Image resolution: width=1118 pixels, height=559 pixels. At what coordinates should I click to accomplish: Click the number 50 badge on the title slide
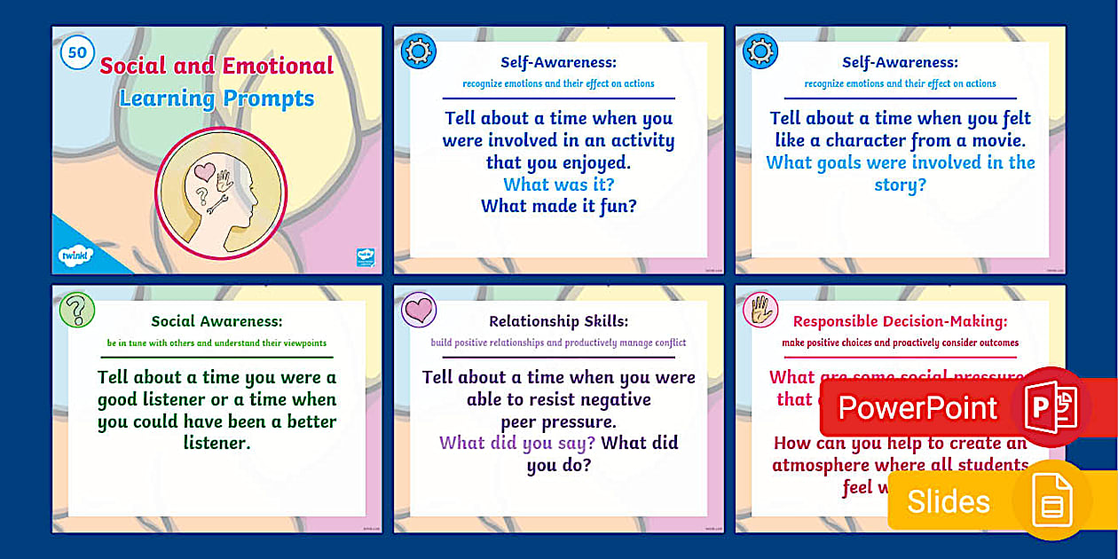click(x=77, y=52)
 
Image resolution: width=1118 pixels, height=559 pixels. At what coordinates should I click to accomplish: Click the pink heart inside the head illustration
click(x=205, y=169)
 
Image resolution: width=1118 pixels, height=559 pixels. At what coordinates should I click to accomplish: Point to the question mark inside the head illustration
click(x=202, y=194)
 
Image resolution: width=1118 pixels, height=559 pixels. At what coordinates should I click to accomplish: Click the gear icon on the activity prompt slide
click(x=418, y=51)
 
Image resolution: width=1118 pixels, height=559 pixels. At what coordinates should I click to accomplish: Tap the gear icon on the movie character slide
click(x=760, y=51)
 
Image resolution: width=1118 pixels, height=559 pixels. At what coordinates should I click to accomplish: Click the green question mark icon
click(x=77, y=311)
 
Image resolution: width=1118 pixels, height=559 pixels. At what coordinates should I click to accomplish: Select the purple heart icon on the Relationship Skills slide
click(x=419, y=311)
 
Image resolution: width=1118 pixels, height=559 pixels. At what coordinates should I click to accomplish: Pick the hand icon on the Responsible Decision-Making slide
click(x=760, y=310)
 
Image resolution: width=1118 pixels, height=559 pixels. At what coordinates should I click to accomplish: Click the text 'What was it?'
click(x=558, y=185)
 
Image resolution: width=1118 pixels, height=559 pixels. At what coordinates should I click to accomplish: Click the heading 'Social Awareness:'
click(x=217, y=321)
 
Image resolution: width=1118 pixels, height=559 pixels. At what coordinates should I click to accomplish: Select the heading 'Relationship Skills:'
click(x=558, y=321)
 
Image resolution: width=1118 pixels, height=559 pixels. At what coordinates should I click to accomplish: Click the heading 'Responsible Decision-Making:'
click(x=900, y=321)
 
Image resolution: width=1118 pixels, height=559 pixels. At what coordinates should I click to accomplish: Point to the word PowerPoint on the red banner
click(x=917, y=407)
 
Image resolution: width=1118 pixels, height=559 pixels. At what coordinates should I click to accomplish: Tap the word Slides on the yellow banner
click(x=948, y=502)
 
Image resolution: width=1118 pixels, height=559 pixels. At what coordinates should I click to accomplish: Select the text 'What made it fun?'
click(x=558, y=206)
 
